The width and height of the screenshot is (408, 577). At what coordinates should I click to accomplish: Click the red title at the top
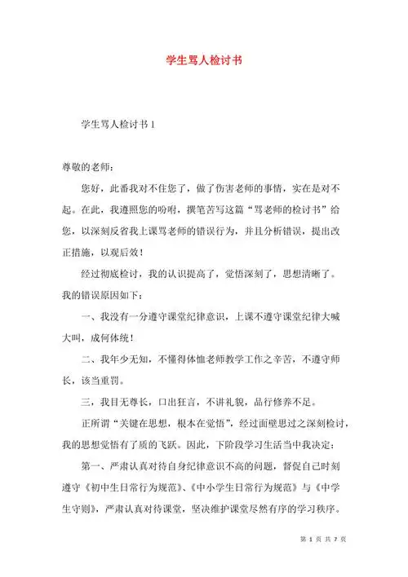(203, 60)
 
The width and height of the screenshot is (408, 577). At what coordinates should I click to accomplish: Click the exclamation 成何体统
(120, 337)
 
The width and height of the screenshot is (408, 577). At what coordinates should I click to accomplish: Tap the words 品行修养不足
(295, 400)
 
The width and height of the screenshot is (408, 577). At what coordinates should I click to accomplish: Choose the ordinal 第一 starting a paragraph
(90, 465)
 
